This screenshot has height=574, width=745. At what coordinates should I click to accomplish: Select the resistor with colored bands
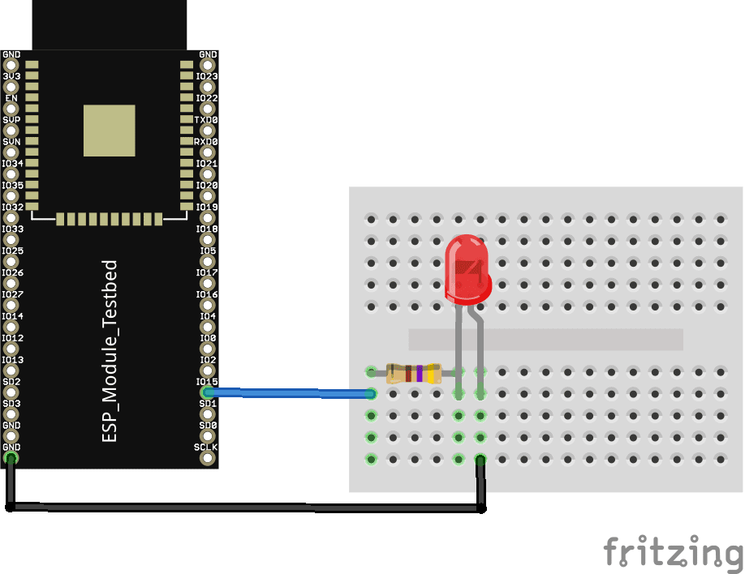pyautogui.click(x=414, y=373)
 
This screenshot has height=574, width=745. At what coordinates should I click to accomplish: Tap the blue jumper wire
pyautogui.click(x=292, y=393)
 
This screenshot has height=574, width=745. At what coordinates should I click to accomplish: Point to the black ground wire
pyautogui.click(x=243, y=508)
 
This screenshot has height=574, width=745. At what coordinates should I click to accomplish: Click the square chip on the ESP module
pyautogui.click(x=110, y=130)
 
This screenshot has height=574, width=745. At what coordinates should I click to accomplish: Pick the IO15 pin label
pyautogui.click(x=206, y=381)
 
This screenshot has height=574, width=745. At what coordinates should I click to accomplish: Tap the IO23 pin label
pyautogui.click(x=206, y=76)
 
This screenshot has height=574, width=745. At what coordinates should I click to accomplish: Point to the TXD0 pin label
pyautogui.click(x=205, y=120)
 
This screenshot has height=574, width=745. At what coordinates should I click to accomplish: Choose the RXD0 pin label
pyautogui.click(x=205, y=142)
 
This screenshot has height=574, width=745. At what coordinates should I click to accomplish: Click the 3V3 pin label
pyautogui.click(x=11, y=76)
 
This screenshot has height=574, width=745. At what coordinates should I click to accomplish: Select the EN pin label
pyautogui.click(x=11, y=98)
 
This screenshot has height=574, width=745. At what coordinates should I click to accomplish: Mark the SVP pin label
pyautogui.click(x=11, y=120)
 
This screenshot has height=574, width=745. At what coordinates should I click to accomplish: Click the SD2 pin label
pyautogui.click(x=11, y=381)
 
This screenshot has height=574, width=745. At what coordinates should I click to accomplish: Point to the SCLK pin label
pyautogui.click(x=205, y=447)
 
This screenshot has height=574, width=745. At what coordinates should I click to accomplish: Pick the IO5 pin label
pyautogui.click(x=208, y=251)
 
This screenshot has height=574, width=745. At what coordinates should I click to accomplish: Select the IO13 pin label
pyautogui.click(x=12, y=359)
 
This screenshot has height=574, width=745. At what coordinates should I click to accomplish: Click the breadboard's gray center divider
pyautogui.click(x=545, y=339)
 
